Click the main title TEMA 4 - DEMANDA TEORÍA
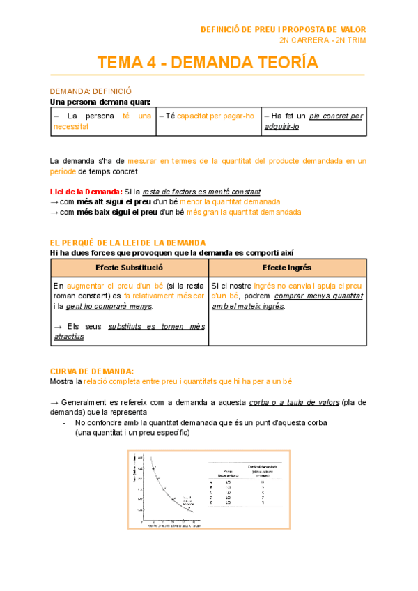tap(208, 63)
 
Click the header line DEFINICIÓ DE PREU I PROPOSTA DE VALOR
tap(282, 29)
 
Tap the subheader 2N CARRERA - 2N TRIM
tap(323, 40)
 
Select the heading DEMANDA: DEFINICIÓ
tap(91, 91)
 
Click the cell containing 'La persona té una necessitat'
tap(102, 121)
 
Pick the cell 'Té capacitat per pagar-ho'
tap(207, 116)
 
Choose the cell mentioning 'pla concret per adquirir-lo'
tap(312, 121)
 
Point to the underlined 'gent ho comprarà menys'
tap(109, 306)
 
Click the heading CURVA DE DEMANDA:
tap(92, 371)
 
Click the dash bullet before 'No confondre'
tap(65, 422)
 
